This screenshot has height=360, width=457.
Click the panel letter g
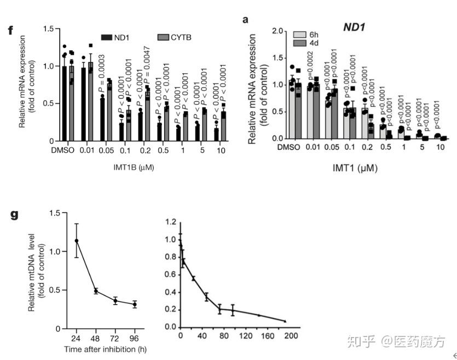pyautogui.click(x=15, y=214)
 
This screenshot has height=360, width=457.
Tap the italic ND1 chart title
pyautogui.click(x=355, y=26)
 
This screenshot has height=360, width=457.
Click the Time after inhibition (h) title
pyautogui.click(x=106, y=349)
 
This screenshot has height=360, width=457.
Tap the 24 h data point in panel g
pyautogui.click(x=77, y=240)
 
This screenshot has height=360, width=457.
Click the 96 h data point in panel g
pyautogui.click(x=135, y=304)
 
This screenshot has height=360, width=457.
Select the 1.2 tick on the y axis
pyautogui.click(x=171, y=223)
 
